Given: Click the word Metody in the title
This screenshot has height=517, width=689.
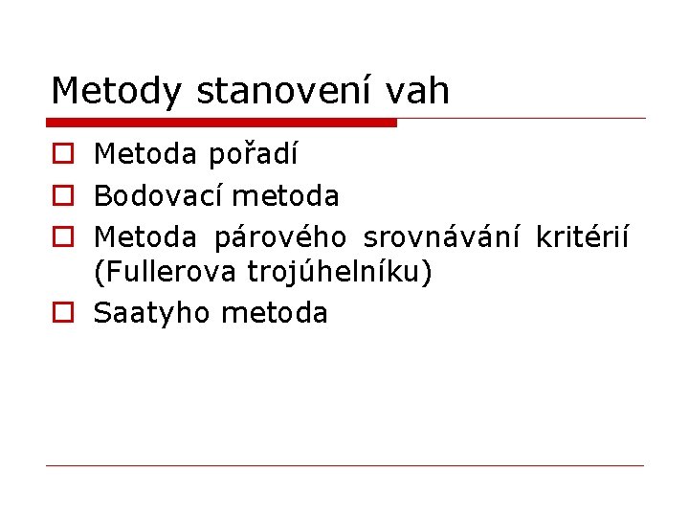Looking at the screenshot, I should pos(118,91).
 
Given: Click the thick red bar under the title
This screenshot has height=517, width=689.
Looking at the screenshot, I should pos(221,123).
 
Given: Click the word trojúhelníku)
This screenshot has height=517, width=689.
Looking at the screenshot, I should pos(340,274).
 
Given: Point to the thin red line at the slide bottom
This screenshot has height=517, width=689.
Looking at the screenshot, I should pos(344,466).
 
